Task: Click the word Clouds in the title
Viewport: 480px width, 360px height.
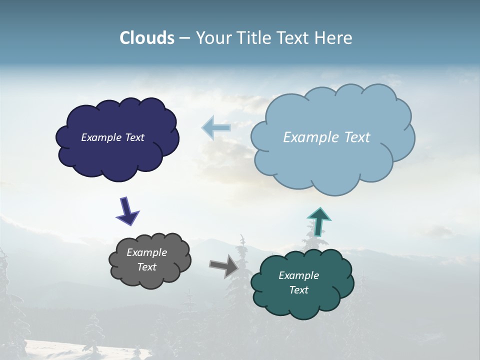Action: (147, 38)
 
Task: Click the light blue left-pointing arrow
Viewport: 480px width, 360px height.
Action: (216, 127)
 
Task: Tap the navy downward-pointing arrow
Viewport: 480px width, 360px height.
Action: (127, 210)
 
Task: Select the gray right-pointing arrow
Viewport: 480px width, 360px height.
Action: (223, 265)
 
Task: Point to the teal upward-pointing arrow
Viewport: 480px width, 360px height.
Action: (318, 221)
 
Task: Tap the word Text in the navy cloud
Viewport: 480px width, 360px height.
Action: (134, 137)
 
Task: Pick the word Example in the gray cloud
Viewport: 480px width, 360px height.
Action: (146, 252)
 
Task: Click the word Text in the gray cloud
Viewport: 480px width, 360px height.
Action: (146, 267)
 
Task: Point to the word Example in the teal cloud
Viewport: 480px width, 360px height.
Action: (298, 275)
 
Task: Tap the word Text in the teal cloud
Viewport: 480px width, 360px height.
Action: (298, 290)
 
